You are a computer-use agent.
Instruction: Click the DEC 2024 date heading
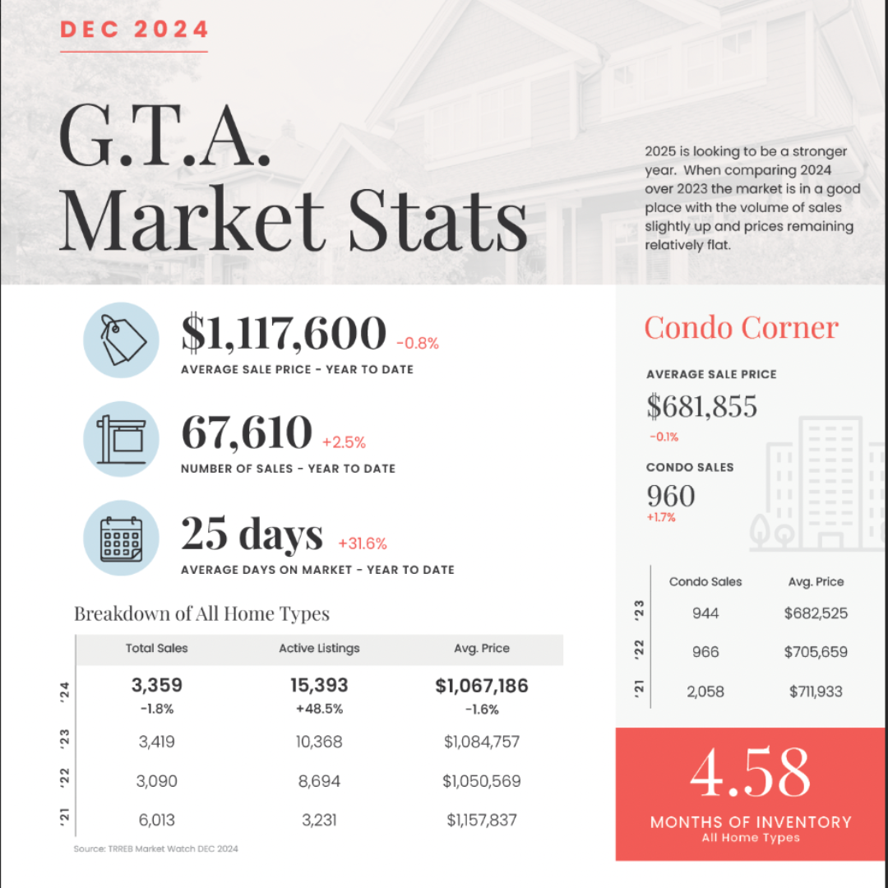click(134, 30)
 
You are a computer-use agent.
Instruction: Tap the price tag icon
click(121, 340)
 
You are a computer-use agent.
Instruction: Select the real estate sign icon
click(121, 439)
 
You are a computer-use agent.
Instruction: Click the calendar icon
click(121, 538)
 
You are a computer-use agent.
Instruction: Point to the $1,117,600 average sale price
click(284, 332)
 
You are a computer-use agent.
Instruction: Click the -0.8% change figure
click(418, 343)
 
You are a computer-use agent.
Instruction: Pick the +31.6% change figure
click(363, 543)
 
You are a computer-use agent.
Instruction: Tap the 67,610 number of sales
click(247, 432)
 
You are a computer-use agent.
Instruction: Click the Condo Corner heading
click(742, 327)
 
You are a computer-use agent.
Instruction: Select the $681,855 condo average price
click(701, 406)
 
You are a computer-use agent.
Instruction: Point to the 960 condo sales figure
click(671, 496)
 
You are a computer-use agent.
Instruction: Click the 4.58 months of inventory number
click(751, 772)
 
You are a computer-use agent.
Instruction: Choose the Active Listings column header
click(319, 649)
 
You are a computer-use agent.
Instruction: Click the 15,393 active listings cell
click(319, 685)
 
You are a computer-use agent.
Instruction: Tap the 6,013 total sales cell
click(157, 820)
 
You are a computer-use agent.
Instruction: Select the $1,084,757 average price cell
click(482, 742)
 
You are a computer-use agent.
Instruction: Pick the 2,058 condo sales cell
click(705, 691)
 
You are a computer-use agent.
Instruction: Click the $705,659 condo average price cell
click(816, 652)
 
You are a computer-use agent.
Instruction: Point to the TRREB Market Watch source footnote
click(155, 849)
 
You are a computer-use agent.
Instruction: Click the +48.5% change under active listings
click(319, 709)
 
